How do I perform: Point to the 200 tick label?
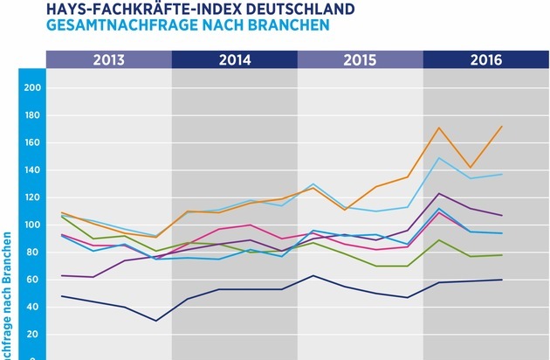click(x=33, y=88)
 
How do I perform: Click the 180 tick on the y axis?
click(x=33, y=115)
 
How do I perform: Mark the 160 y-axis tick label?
click(x=33, y=142)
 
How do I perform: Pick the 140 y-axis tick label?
click(x=33, y=170)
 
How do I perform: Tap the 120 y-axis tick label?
click(x=33, y=197)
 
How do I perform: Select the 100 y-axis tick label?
click(x=33, y=225)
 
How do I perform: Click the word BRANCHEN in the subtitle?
click(x=287, y=25)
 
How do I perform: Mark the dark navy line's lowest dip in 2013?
click(x=156, y=321)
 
